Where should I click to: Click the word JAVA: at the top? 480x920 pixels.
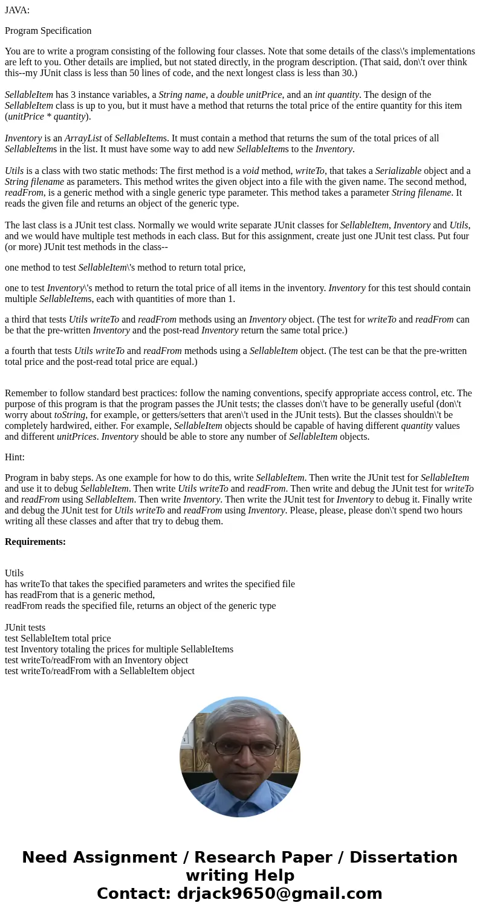17,10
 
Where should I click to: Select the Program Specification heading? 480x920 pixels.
48,31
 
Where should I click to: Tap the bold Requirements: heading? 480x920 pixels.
35,542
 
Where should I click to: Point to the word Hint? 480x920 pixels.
15,457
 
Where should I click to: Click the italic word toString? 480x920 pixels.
70,415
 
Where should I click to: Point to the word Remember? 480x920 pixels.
25,393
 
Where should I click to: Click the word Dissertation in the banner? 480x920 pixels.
403,857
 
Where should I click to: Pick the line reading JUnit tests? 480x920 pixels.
25,628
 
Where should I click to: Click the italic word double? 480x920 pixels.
230,95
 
